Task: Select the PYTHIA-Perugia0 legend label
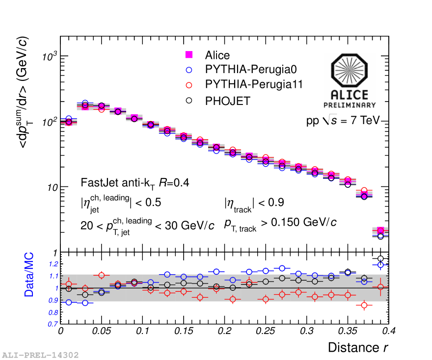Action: [251, 70]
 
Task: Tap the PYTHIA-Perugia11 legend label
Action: [254, 85]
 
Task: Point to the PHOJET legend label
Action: [228, 101]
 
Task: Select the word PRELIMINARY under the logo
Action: [350, 105]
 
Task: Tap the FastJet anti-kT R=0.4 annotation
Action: [135, 183]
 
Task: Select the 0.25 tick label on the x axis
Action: [266, 331]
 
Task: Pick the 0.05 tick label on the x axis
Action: [101, 331]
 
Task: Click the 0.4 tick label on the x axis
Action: [389, 331]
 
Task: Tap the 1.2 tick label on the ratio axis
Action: [53, 264]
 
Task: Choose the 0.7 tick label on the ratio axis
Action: [53, 324]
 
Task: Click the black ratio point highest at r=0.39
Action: [380, 258]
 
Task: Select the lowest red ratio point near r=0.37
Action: [364, 306]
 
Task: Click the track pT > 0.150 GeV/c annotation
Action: [280, 223]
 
